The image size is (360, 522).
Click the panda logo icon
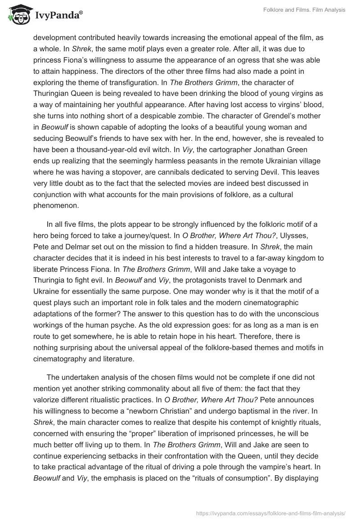(x=18, y=15)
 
